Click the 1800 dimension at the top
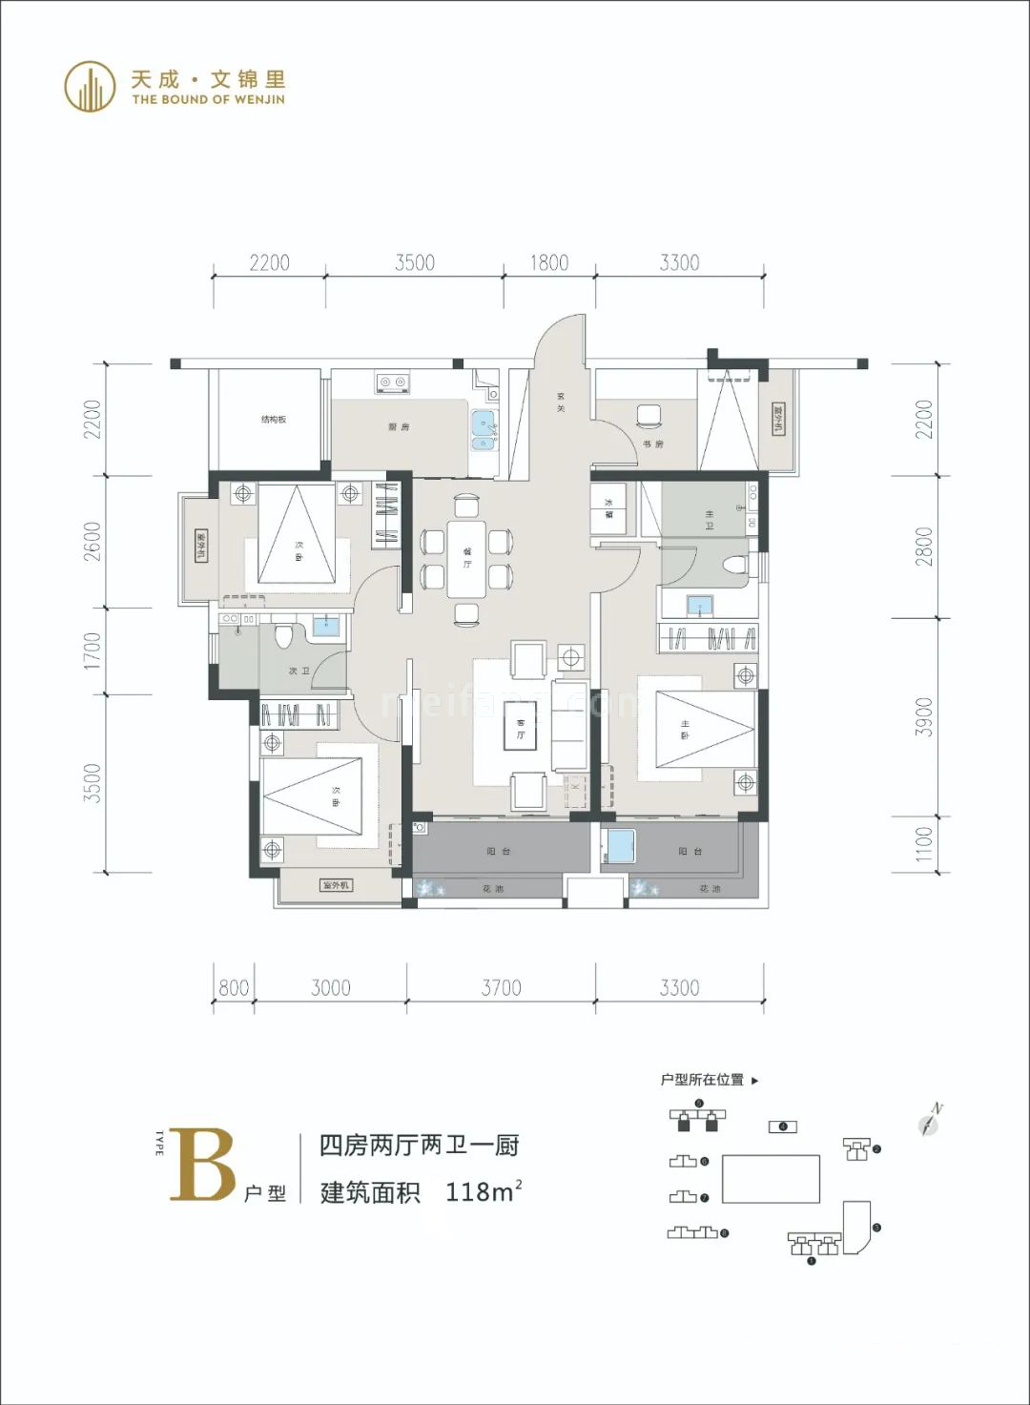click(x=549, y=262)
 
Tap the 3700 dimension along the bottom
click(x=501, y=988)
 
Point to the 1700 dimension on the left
click(x=93, y=651)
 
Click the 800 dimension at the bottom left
click(x=234, y=988)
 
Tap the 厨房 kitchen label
click(x=399, y=427)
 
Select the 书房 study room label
click(x=652, y=444)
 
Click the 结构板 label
click(x=274, y=420)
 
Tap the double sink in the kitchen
click(x=483, y=429)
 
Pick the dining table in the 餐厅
click(x=467, y=558)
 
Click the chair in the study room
click(x=649, y=416)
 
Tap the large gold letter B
click(x=202, y=1165)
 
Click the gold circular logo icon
click(x=90, y=86)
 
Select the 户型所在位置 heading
click(x=703, y=1080)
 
